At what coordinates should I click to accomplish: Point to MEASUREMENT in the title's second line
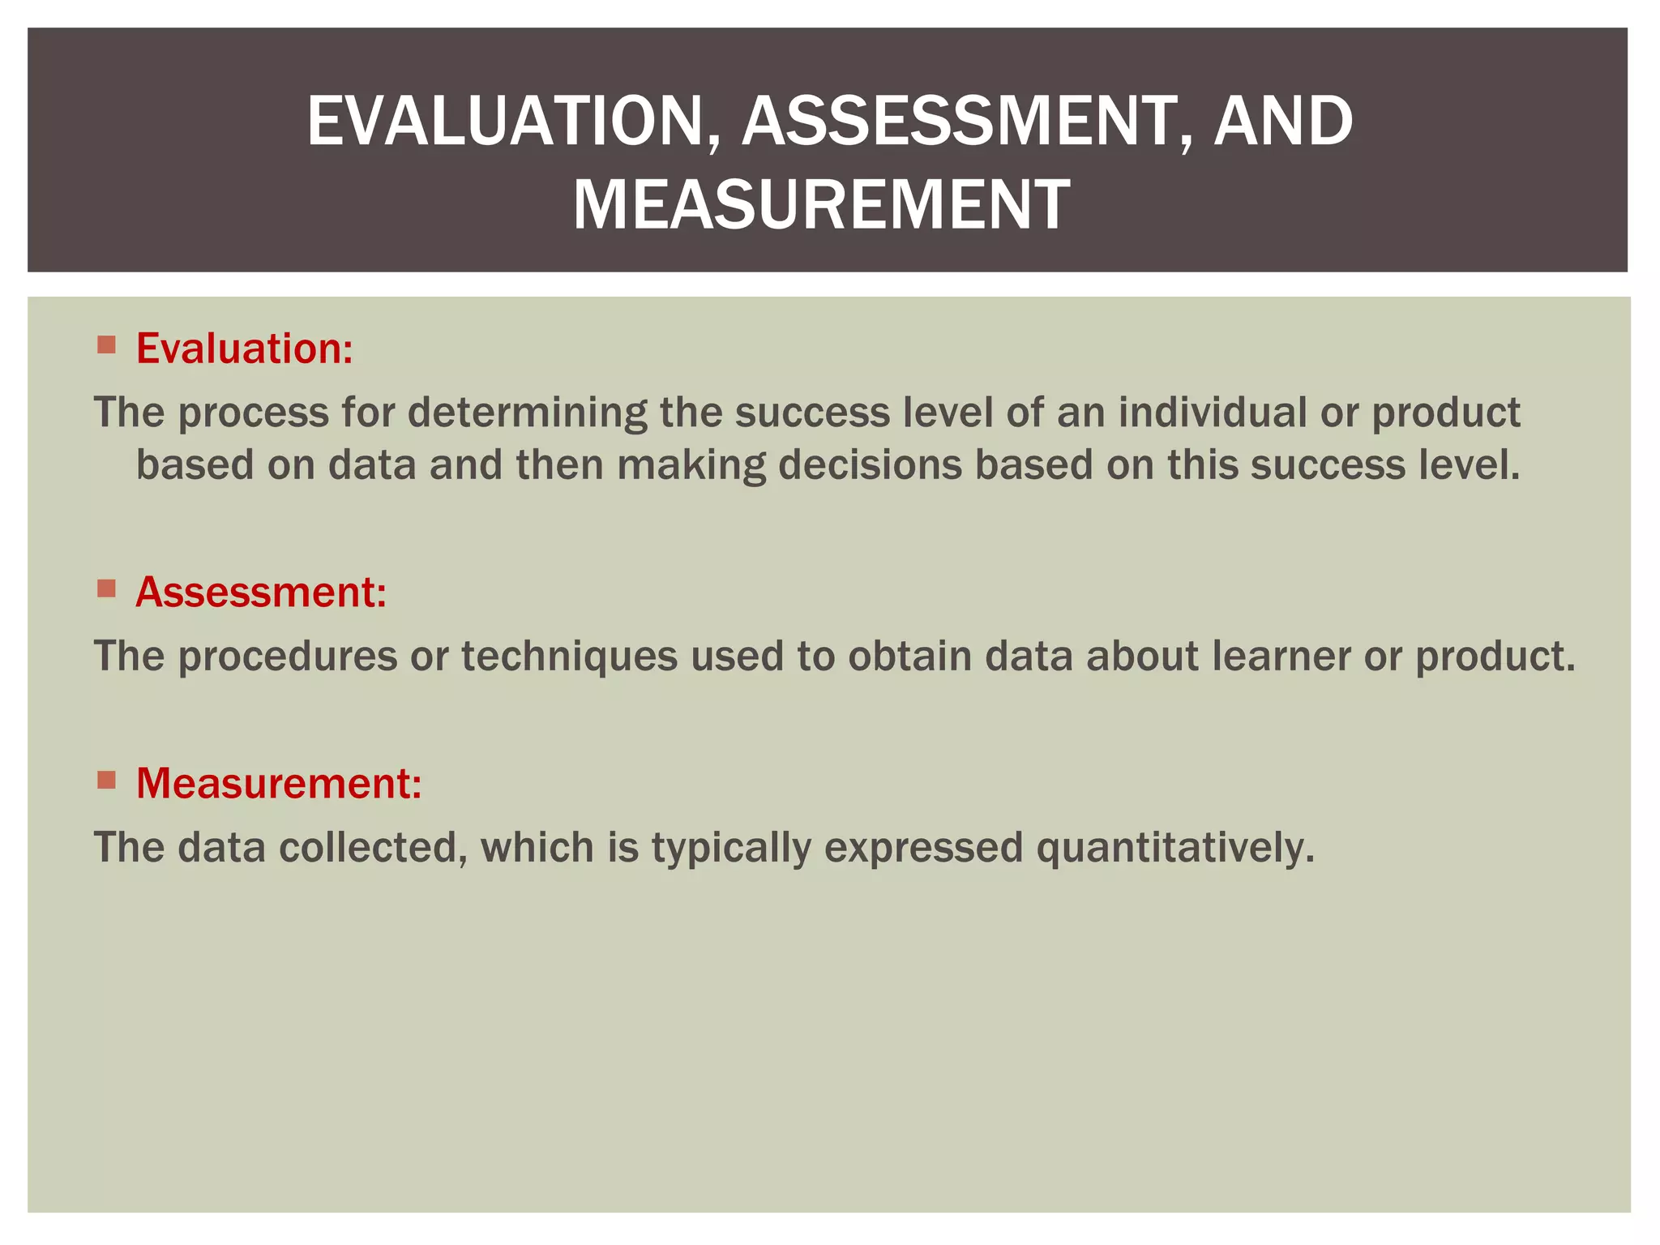tap(821, 205)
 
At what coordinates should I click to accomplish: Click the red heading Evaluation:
tap(244, 349)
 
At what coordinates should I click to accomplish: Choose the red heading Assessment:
tap(261, 592)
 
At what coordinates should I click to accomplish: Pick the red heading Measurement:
tap(279, 783)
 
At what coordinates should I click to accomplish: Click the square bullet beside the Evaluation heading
tap(106, 344)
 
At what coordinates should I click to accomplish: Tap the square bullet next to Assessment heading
tap(106, 588)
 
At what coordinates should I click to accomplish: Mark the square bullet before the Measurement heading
tap(106, 780)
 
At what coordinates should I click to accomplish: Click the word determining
tap(527, 412)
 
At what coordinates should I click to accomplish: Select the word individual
tap(1213, 412)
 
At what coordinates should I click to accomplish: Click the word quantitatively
tap(1174, 848)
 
